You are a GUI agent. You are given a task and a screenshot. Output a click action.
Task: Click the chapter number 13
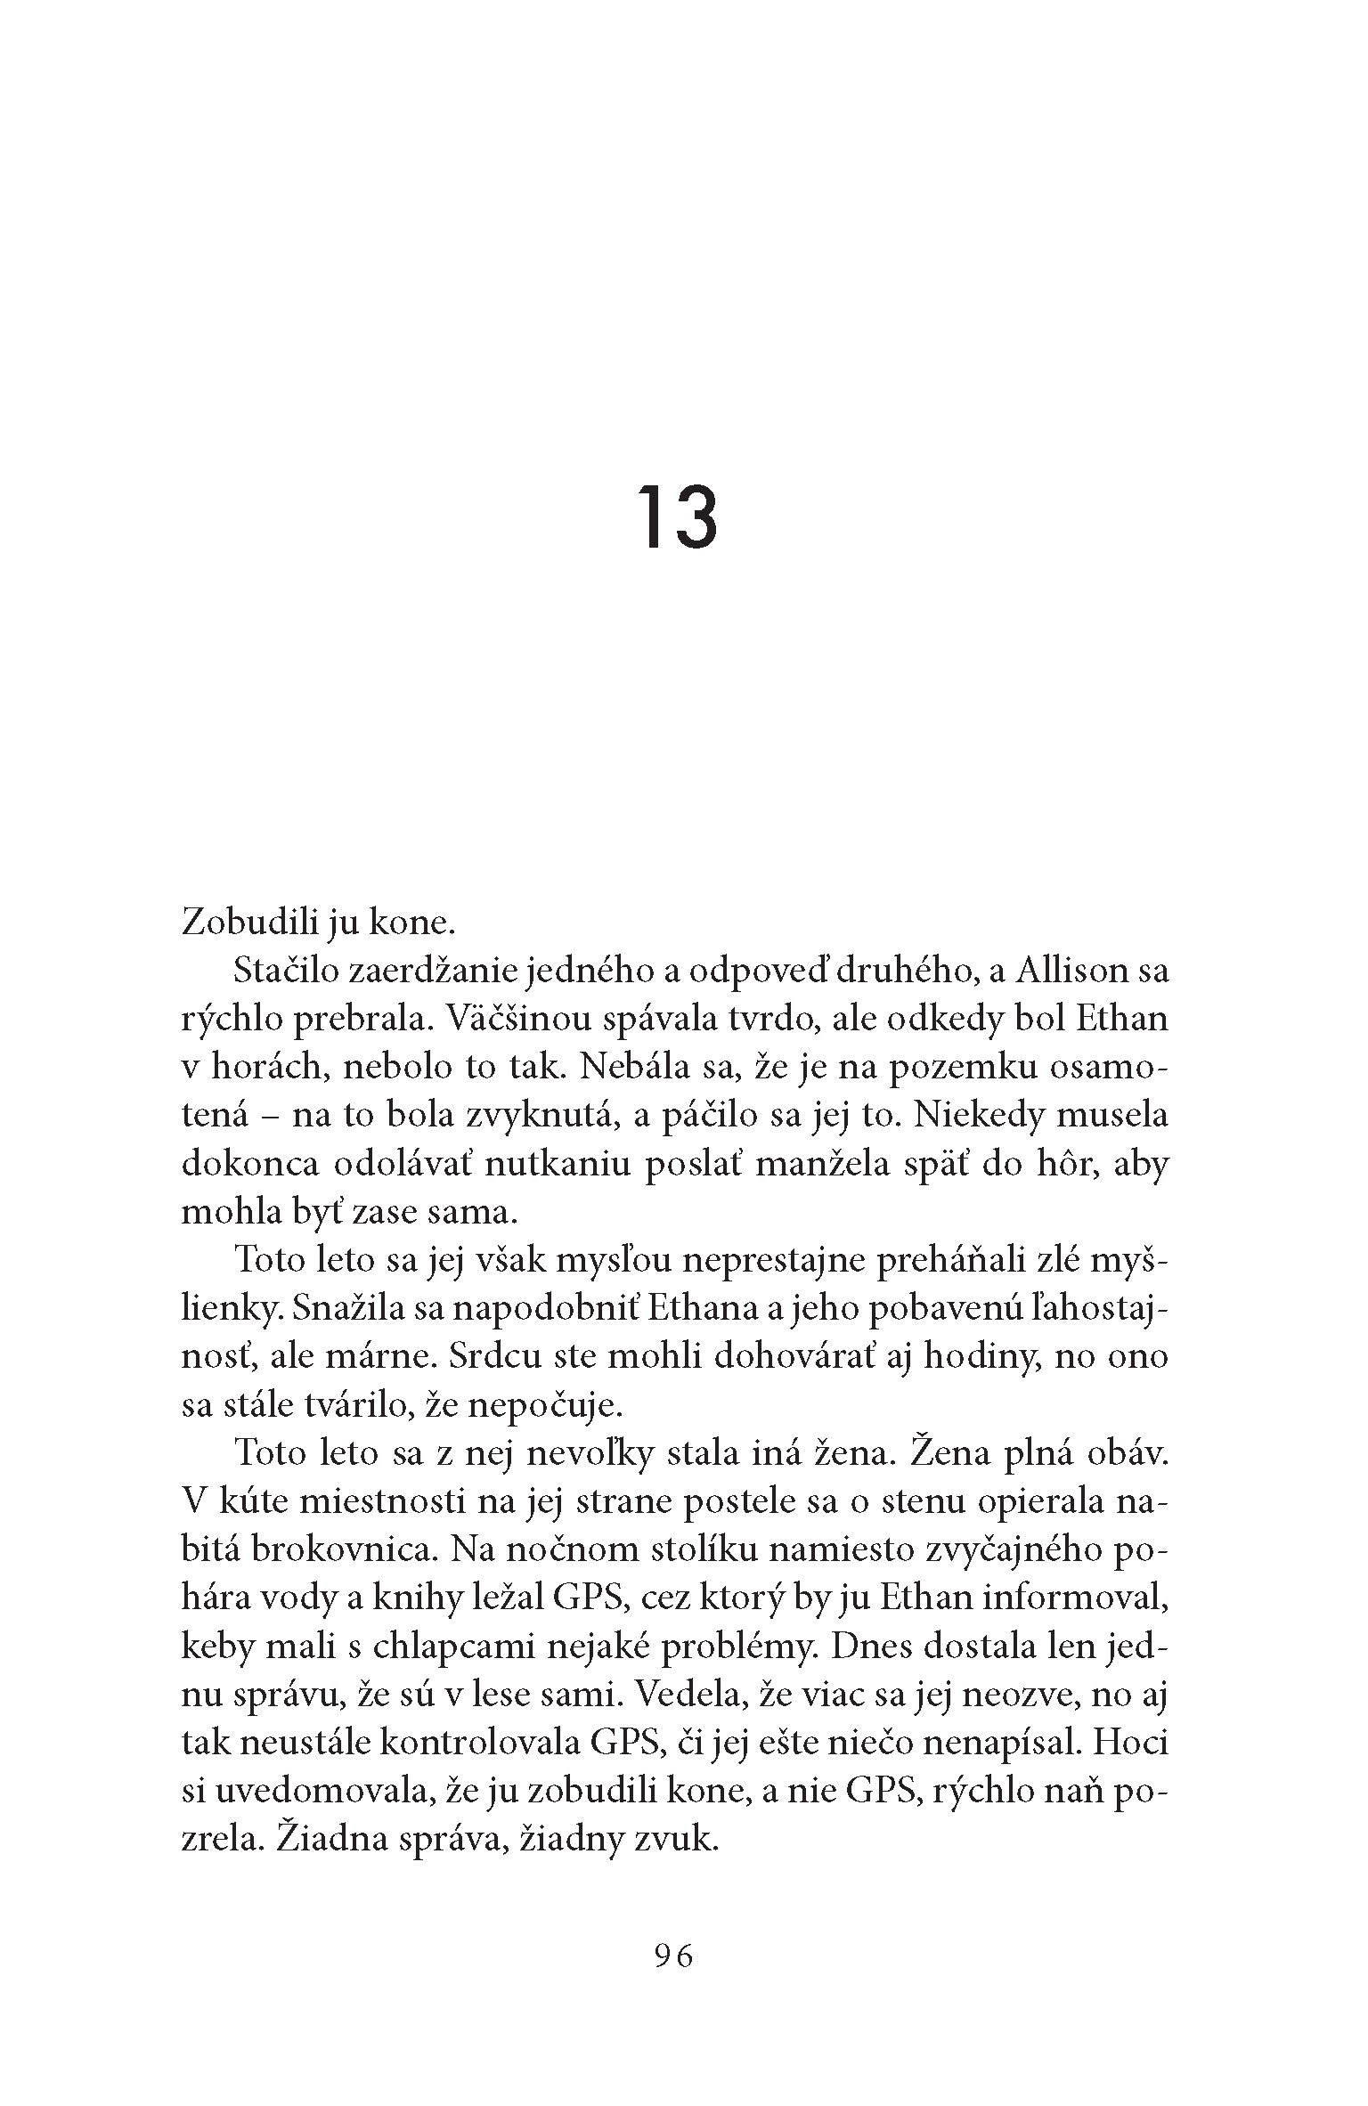click(x=677, y=517)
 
